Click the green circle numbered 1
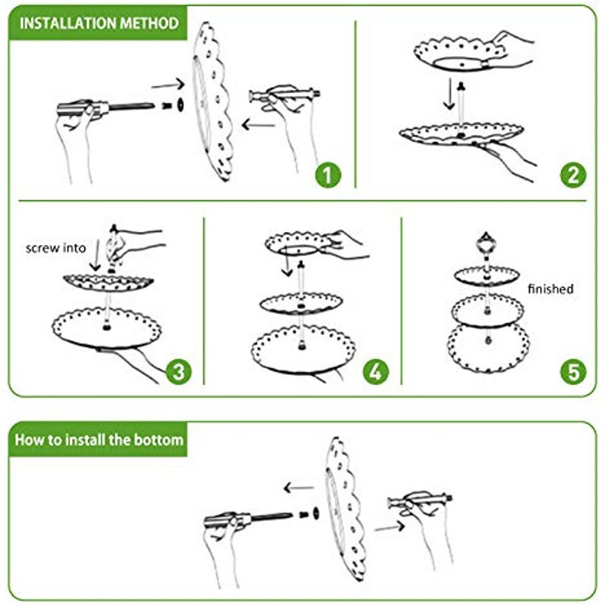point(328,175)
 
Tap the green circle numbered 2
point(573,175)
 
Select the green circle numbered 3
point(178,371)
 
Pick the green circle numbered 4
point(376,371)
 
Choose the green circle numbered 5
point(573,371)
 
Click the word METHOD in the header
point(149,23)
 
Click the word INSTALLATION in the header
point(68,23)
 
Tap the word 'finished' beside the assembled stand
point(551,289)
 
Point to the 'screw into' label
point(55,248)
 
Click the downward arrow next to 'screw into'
point(95,256)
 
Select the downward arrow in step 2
point(448,94)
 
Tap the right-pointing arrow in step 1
point(168,85)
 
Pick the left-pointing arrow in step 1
point(259,125)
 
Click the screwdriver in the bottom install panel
point(248,519)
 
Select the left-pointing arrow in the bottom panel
point(299,488)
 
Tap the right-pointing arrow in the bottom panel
point(389,526)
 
